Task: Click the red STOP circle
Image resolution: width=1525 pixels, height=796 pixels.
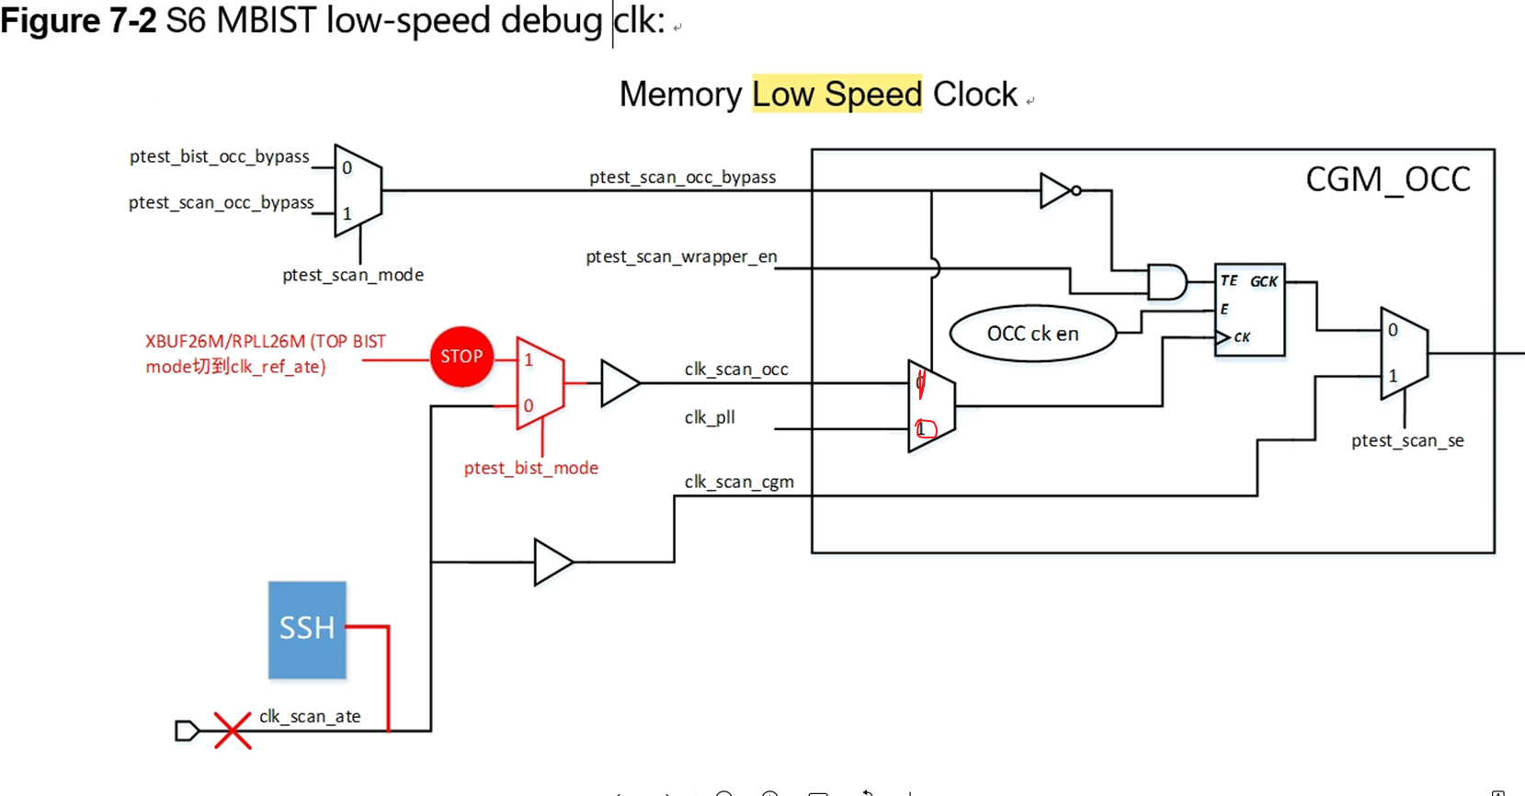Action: pos(461,357)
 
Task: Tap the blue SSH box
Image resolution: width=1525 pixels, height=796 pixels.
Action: pos(307,630)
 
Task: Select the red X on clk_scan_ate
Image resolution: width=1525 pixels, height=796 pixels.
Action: pos(233,731)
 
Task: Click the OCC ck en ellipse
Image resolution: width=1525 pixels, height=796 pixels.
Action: pos(1032,334)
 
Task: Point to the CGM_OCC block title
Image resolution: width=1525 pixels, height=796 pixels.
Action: pos(1387,179)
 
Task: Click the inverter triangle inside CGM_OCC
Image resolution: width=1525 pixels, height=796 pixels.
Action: pos(1056,190)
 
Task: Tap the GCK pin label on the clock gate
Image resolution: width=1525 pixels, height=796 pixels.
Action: pos(1263,281)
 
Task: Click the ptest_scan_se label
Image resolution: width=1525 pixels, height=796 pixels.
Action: pos(1406,441)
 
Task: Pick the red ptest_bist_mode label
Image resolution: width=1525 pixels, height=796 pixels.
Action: pos(530,468)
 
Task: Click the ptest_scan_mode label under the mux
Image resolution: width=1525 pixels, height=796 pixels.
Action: pos(352,275)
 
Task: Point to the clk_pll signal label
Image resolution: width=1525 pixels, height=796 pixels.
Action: pos(710,417)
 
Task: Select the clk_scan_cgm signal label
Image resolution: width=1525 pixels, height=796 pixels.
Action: pos(739,482)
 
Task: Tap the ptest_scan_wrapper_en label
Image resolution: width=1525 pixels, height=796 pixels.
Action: pos(681,256)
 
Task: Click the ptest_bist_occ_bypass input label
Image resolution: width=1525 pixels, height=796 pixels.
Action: pos(219,156)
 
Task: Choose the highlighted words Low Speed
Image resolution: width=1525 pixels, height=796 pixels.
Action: pos(836,94)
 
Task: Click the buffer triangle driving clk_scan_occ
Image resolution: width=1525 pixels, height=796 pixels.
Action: pos(619,382)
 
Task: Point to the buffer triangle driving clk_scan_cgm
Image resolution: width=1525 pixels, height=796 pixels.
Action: pos(552,562)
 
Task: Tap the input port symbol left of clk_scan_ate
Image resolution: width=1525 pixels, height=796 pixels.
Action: pos(187,731)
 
